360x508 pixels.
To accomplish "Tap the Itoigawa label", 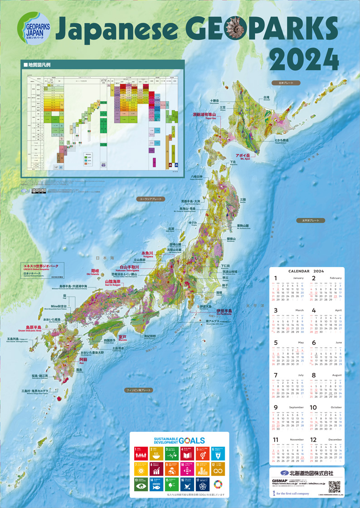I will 148,253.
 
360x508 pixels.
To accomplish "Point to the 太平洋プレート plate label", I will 311,220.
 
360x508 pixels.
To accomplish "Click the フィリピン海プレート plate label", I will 141,390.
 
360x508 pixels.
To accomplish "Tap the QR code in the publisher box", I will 334,486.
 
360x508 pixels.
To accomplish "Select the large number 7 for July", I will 275,376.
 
